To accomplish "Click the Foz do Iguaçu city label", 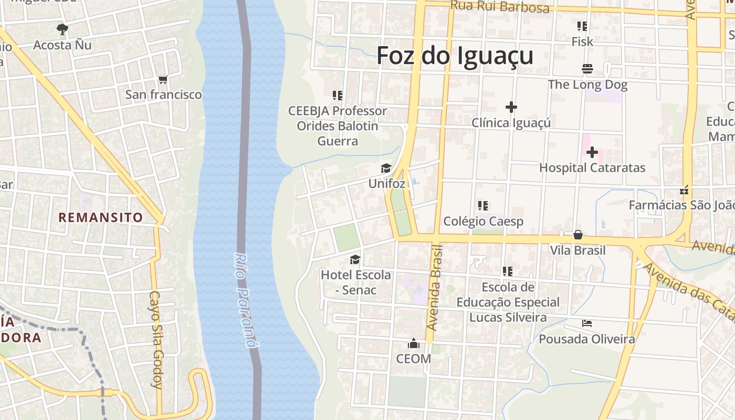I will point(455,56).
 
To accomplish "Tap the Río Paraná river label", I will point(246,300).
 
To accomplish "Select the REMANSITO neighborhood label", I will point(100,217).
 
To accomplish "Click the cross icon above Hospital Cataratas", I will point(592,152).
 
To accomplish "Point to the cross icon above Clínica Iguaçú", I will point(511,107).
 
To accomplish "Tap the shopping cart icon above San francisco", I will point(163,80).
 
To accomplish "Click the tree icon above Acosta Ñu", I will point(62,29).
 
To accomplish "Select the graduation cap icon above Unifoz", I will point(386,168).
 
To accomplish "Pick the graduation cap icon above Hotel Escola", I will point(355,259).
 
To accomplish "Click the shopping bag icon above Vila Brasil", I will point(577,235).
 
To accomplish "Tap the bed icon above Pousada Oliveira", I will point(587,323).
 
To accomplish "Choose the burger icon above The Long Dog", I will point(587,69).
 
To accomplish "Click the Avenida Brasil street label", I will point(435,287).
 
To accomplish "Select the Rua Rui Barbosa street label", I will point(500,7).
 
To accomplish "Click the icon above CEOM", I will point(414,344).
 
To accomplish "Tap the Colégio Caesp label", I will point(483,222).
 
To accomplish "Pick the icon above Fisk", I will point(582,26).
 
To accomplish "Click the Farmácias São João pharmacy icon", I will point(684,190).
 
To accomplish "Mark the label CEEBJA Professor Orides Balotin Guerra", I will point(338,126).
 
